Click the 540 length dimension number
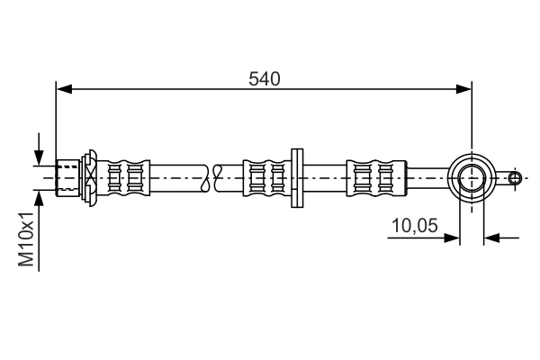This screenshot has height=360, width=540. tap(265, 78)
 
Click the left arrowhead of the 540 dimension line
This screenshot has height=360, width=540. tap(63, 88)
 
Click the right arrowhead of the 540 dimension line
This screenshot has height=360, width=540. tap(464, 88)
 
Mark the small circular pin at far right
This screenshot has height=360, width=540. tap(515, 177)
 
